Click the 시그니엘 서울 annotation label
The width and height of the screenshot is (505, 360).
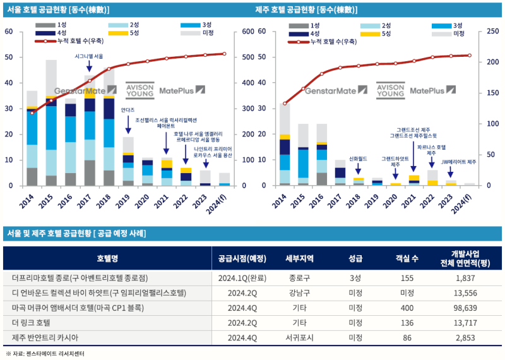(x=89, y=56)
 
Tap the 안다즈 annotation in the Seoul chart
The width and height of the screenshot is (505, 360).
(x=128, y=110)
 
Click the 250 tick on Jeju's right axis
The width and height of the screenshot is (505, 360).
(x=487, y=31)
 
